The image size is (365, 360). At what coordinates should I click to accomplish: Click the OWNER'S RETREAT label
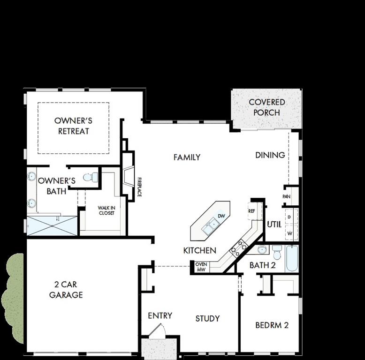(x=73, y=126)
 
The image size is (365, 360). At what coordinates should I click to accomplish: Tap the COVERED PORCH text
(x=266, y=107)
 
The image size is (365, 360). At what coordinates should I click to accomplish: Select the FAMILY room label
(x=187, y=157)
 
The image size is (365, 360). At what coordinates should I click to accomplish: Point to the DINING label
(x=270, y=155)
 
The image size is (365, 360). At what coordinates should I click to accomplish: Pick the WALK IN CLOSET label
(x=106, y=210)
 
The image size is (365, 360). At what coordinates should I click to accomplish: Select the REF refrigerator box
(x=251, y=211)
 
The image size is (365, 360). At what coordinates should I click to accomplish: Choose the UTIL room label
(x=274, y=225)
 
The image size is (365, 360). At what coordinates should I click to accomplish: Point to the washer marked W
(x=289, y=233)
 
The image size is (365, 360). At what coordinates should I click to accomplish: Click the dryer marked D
(x=289, y=217)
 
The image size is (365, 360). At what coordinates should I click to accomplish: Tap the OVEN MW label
(x=201, y=267)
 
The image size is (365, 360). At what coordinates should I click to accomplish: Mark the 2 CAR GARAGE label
(x=68, y=290)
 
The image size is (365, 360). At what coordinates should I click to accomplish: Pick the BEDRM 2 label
(x=272, y=325)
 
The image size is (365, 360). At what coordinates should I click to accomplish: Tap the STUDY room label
(x=207, y=319)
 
